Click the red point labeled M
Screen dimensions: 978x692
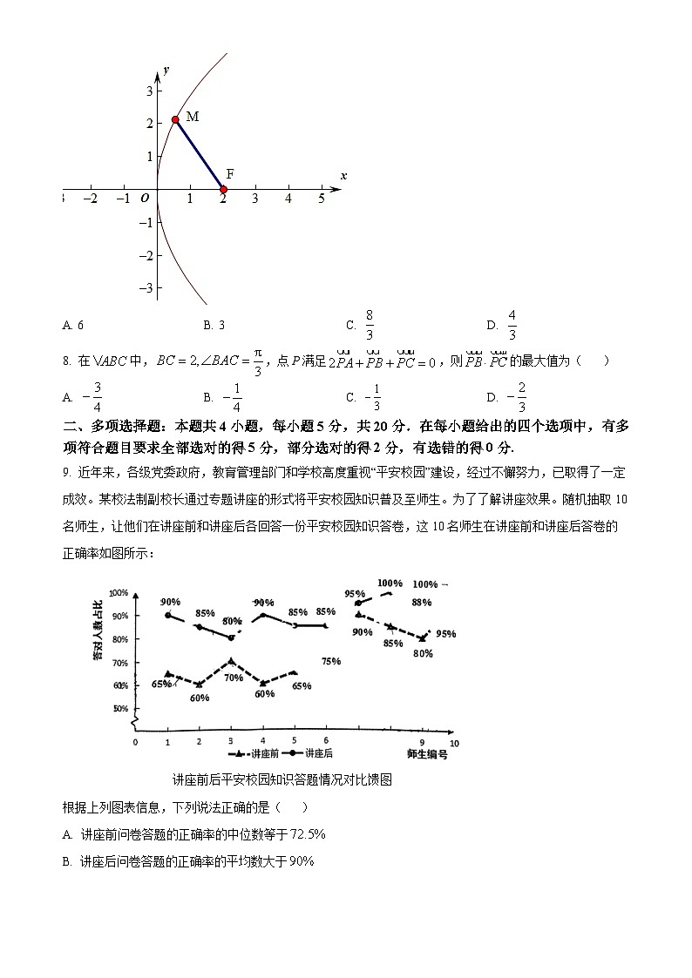(x=175, y=119)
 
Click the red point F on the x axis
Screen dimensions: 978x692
(x=223, y=189)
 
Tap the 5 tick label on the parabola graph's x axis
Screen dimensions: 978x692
(x=322, y=199)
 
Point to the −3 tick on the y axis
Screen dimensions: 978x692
(x=147, y=287)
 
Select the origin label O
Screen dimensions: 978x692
(x=145, y=199)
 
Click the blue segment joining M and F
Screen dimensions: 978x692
(x=200, y=154)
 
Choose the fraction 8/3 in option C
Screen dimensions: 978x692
(x=370, y=324)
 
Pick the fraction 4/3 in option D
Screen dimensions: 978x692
(x=512, y=324)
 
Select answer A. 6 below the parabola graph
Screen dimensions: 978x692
(x=73, y=325)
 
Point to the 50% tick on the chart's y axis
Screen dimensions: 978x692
(x=120, y=708)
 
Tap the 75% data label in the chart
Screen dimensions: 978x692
(x=330, y=661)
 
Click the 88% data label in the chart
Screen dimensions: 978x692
(x=422, y=602)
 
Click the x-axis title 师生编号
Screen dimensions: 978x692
(x=427, y=753)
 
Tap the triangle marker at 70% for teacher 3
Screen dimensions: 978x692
(x=231, y=662)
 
